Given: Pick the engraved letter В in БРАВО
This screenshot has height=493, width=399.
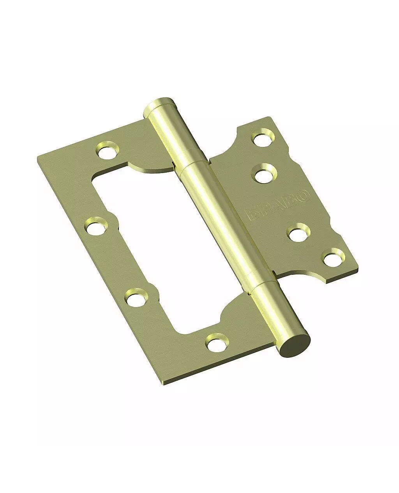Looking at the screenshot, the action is click(290, 200).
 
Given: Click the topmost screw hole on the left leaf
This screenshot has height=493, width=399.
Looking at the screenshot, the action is click(107, 150).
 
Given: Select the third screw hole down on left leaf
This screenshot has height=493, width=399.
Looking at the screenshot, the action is click(137, 297).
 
